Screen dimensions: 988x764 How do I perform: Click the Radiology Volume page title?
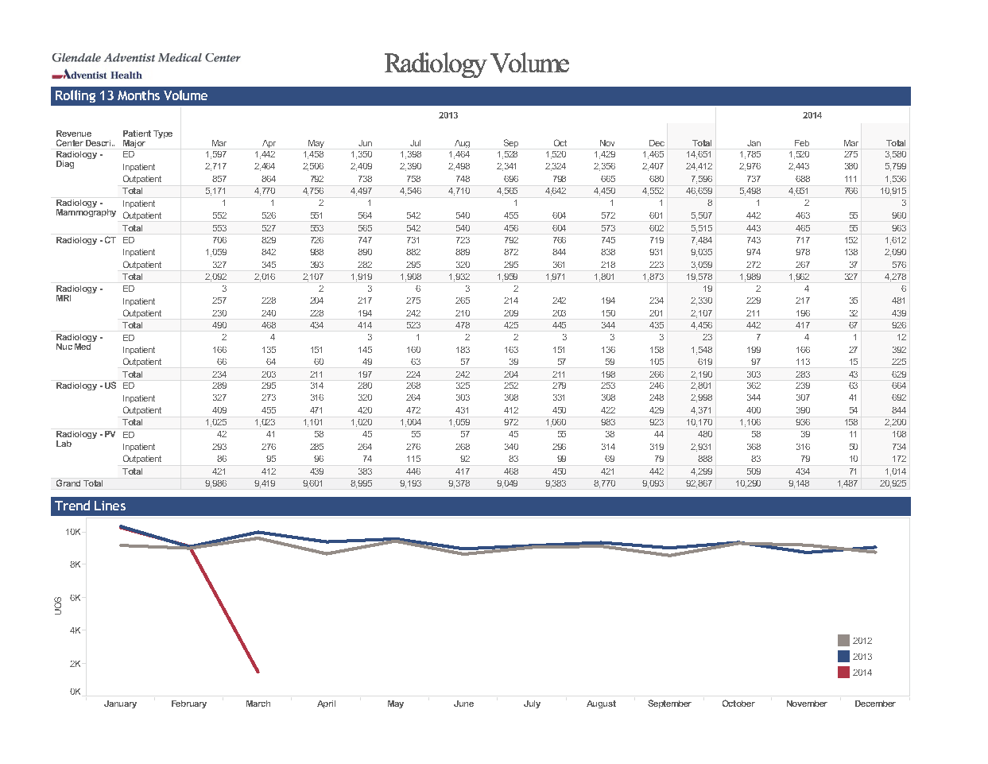coord(476,64)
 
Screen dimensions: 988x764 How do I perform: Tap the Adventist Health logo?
coord(97,75)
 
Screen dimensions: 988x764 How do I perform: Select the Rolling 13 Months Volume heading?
coord(131,95)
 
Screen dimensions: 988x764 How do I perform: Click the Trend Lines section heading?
coord(90,506)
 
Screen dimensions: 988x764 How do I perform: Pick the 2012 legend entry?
coord(854,640)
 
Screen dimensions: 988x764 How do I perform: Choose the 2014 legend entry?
coord(854,672)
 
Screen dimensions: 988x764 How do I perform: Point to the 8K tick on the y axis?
coord(75,564)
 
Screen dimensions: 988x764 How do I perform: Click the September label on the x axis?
coord(669,704)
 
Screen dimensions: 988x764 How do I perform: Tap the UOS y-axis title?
coord(58,606)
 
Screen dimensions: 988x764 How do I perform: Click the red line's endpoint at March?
coord(258,671)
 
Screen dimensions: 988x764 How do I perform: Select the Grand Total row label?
coord(79,483)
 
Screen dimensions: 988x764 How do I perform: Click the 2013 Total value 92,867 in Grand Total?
coord(699,483)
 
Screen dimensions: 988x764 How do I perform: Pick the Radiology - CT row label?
coord(86,240)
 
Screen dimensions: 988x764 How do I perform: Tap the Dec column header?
coord(656,143)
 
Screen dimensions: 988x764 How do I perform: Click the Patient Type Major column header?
coord(147,138)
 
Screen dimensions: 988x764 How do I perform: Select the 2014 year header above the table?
coord(812,115)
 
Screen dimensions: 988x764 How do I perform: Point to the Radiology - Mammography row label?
coord(86,207)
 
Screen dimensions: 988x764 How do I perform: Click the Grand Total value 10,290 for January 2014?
coord(748,483)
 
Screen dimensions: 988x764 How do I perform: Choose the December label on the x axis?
coord(875,704)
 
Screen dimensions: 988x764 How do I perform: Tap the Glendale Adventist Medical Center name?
coord(146,58)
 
